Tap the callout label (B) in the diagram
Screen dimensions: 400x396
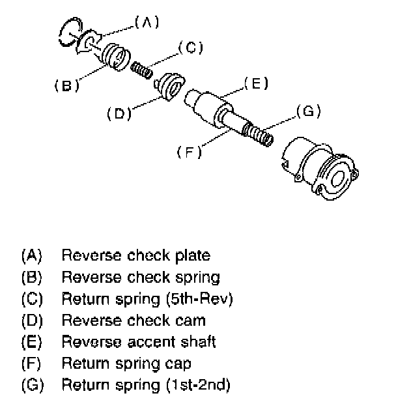pyautogui.click(x=66, y=85)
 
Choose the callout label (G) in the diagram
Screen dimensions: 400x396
pyautogui.click(x=307, y=111)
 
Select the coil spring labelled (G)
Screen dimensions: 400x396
pyautogui.click(x=259, y=136)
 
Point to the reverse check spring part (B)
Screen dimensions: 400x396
pyautogui.click(x=116, y=56)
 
